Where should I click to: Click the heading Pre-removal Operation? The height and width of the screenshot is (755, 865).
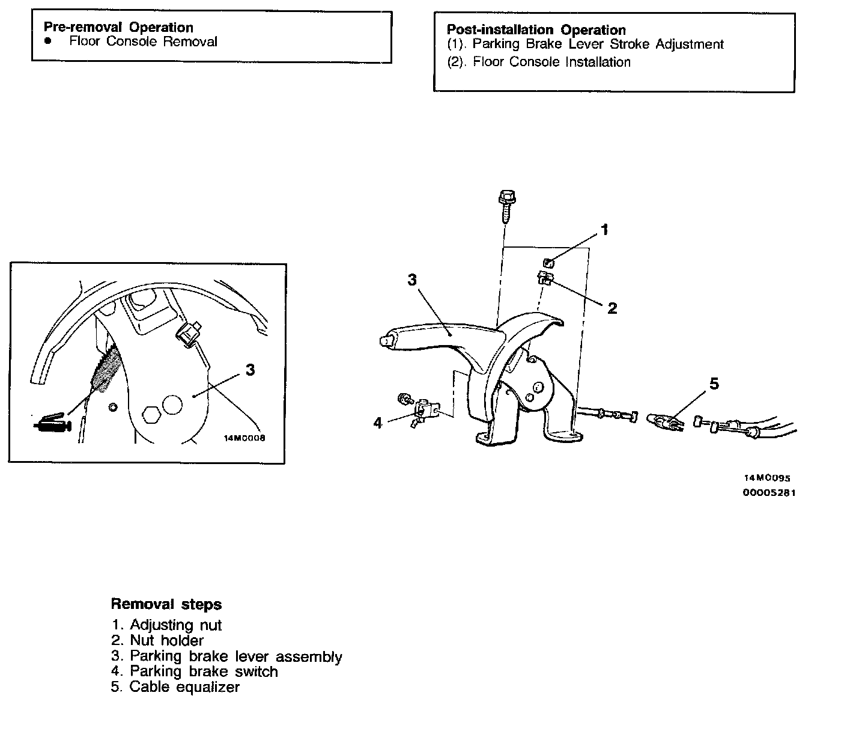coord(118,28)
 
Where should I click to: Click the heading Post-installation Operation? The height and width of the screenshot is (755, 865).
coord(536,30)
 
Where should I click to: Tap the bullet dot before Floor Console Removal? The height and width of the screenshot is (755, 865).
coord(48,41)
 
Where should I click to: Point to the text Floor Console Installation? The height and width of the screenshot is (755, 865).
coord(551,62)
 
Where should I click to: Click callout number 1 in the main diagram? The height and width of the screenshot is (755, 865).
coord(604,230)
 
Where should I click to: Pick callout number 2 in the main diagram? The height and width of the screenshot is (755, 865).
coord(612,308)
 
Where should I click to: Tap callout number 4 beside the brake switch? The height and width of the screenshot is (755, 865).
coord(377,423)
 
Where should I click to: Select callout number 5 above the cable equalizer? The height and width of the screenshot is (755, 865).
coord(714,384)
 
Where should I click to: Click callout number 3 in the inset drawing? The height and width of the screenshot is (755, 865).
coord(250,370)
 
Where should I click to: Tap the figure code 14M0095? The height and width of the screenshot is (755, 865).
coord(767,478)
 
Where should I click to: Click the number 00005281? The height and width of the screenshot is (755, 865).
coord(769,494)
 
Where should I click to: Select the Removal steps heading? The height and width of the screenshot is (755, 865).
coord(166,605)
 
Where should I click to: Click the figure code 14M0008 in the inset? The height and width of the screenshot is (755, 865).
coord(244,438)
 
